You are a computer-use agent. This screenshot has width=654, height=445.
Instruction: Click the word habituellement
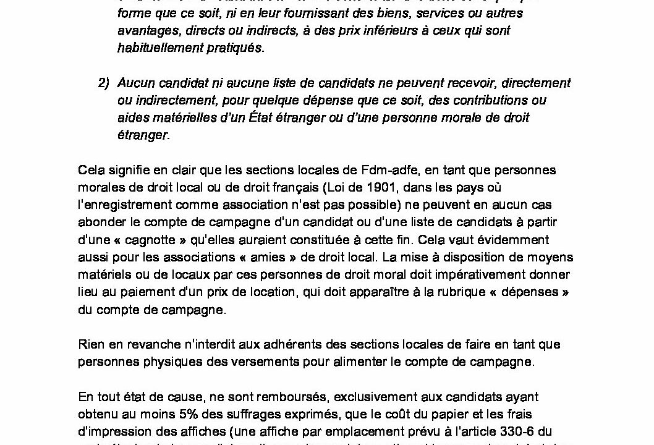pyautogui.click(x=155, y=48)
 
